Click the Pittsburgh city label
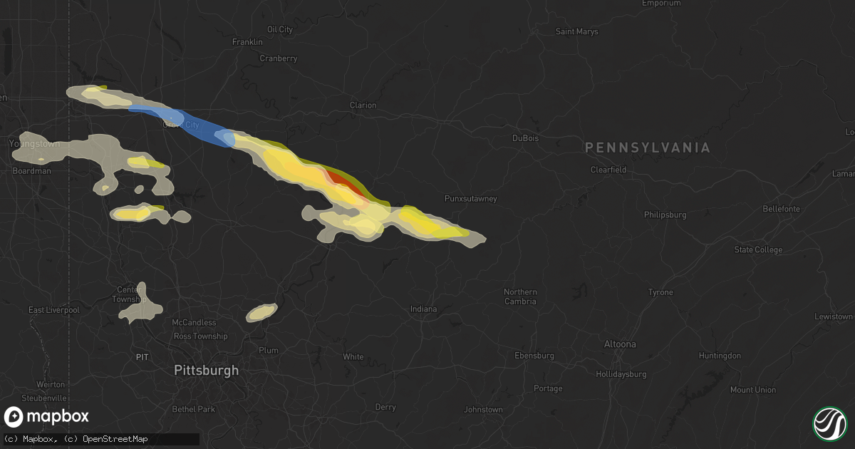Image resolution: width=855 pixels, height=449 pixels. (x=207, y=371)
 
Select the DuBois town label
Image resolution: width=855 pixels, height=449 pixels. (x=526, y=138)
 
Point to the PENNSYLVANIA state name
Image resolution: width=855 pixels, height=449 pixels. (x=648, y=148)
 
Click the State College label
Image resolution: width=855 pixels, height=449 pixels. (x=758, y=249)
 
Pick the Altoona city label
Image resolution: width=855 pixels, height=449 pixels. (x=619, y=344)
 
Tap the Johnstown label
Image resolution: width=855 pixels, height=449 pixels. (x=483, y=410)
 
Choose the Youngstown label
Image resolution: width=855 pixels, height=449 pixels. (x=34, y=144)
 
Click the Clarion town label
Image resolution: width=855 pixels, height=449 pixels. (x=363, y=105)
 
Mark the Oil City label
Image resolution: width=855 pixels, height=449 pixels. (x=279, y=29)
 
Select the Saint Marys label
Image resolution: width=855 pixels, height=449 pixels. (x=576, y=31)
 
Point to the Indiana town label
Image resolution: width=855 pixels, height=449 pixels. (x=423, y=309)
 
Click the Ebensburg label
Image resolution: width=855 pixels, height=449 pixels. (x=534, y=356)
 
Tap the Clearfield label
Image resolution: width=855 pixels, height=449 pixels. (x=608, y=170)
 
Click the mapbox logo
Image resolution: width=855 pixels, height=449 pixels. (x=47, y=417)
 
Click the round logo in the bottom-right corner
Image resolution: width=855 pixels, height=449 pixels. (x=829, y=423)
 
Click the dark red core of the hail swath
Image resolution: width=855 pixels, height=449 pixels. (x=345, y=183)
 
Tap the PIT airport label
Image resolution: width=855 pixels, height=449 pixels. (x=142, y=357)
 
